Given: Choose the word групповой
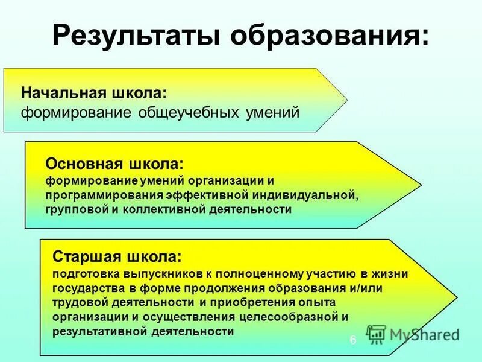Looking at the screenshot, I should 71,209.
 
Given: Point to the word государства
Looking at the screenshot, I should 85,288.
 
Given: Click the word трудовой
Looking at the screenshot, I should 79,302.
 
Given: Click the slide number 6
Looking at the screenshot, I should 353,340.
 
